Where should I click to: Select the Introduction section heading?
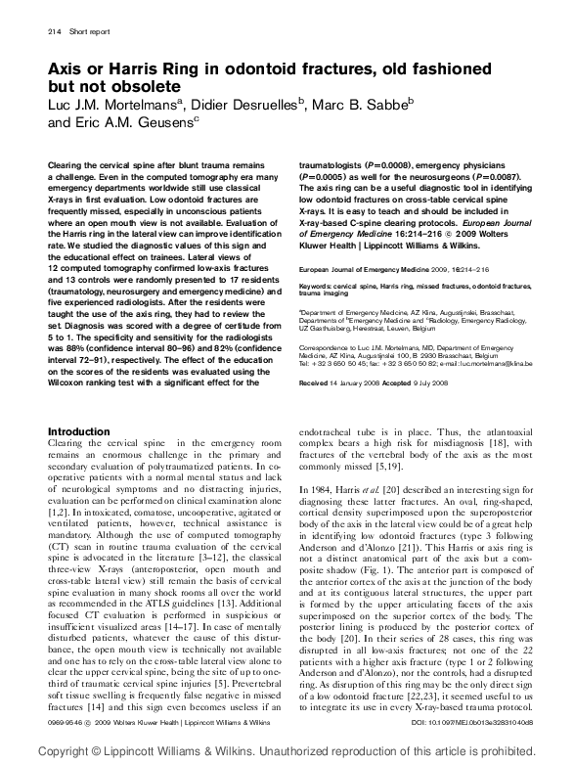click(79, 431)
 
